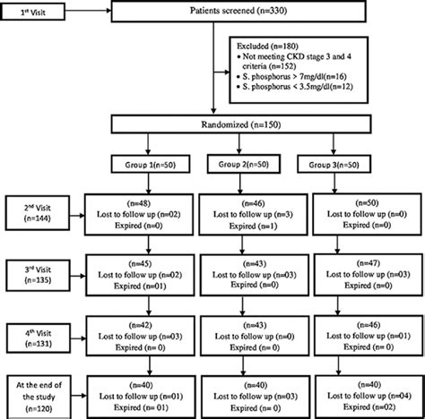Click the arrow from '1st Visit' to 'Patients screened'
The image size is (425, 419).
pyautogui.click(x=91, y=13)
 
